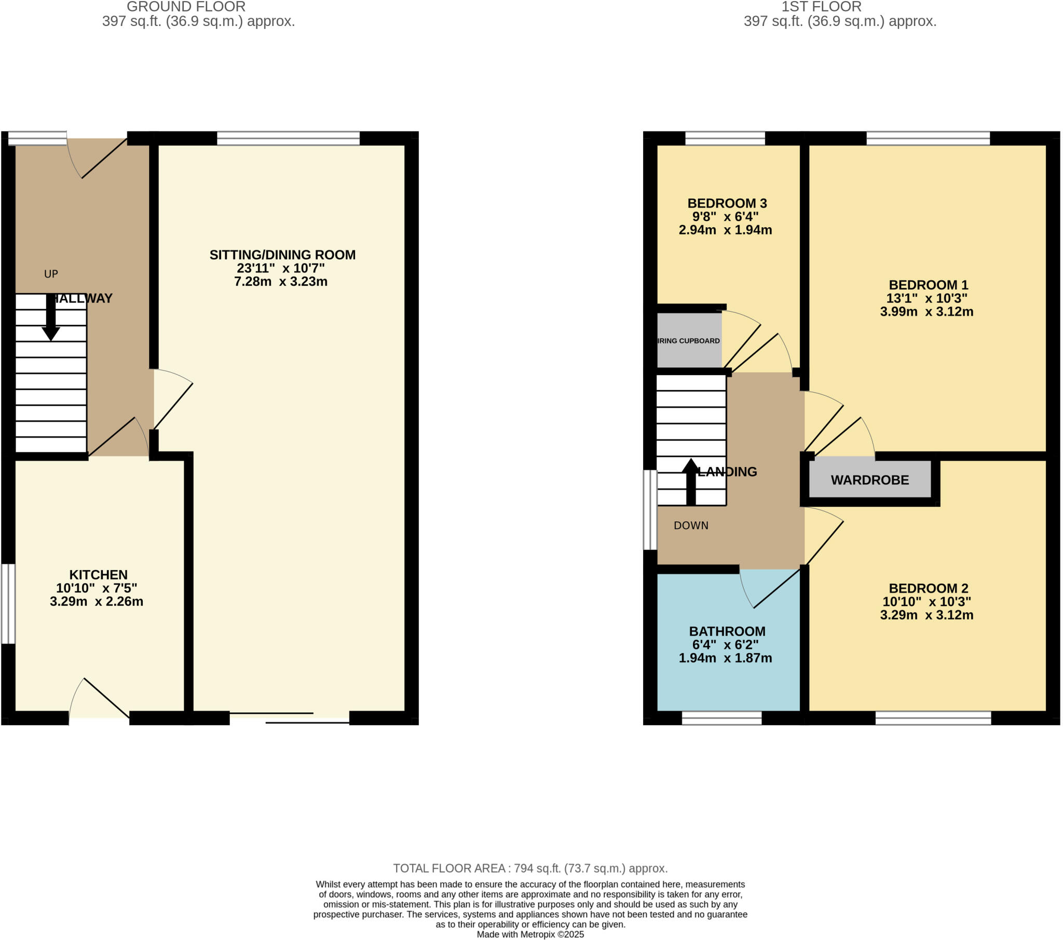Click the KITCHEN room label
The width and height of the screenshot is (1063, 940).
coord(98,574)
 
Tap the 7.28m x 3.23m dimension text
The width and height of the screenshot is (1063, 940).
coord(281,282)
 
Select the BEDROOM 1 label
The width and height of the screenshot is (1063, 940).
coord(928,285)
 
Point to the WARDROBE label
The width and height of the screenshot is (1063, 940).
coord(869,480)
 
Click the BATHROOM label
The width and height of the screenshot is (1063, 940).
coord(727,631)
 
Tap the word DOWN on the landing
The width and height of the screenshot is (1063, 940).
coord(691,526)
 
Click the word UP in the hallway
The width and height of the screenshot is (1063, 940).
coord(51,274)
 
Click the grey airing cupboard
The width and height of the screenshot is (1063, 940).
coord(689,340)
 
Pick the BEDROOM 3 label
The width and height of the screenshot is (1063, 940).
coord(727,203)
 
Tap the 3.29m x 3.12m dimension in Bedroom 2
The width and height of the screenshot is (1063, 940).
coord(926,615)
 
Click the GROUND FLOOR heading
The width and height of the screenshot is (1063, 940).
coord(186,7)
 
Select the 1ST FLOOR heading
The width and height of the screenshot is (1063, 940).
coord(821,7)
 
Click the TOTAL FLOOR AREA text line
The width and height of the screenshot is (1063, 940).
coord(530,868)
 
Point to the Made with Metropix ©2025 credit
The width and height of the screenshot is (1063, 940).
coord(530,934)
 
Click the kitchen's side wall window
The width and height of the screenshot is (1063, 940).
coord(8,604)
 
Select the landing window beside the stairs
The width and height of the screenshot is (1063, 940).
coord(650,509)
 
